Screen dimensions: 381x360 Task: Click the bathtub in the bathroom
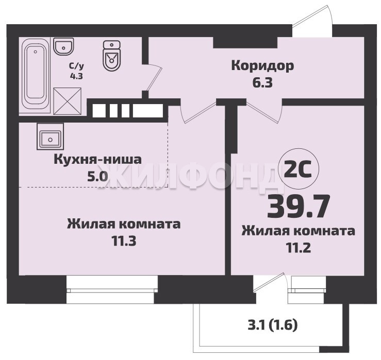(x=36, y=76)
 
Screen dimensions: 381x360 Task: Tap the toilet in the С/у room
(x=112, y=55)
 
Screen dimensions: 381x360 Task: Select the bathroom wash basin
(x=63, y=46)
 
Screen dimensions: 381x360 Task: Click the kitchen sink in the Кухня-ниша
(x=51, y=136)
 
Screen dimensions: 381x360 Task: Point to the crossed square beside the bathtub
(x=68, y=101)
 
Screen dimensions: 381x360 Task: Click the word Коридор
(x=262, y=66)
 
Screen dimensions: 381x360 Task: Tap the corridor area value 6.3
(x=262, y=83)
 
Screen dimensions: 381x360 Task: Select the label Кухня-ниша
(x=97, y=160)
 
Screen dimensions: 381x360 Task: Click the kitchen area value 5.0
(x=97, y=177)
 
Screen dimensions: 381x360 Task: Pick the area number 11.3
(x=124, y=241)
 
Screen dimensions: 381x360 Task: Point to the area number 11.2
(x=299, y=248)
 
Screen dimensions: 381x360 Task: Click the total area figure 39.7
(x=299, y=207)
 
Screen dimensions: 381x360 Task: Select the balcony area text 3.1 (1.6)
(x=273, y=325)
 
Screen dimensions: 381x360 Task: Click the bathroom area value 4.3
(x=76, y=76)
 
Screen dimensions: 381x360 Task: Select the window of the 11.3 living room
(x=112, y=290)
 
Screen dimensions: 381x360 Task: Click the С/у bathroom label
(x=76, y=66)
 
